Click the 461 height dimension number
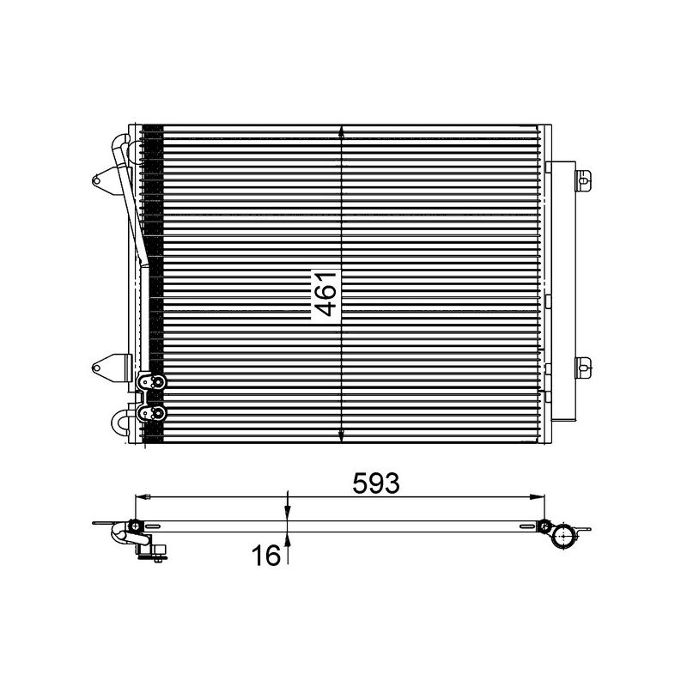325,293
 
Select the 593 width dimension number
376,483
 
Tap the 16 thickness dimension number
267,556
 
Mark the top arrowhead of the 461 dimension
342,132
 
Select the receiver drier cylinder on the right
562,288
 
